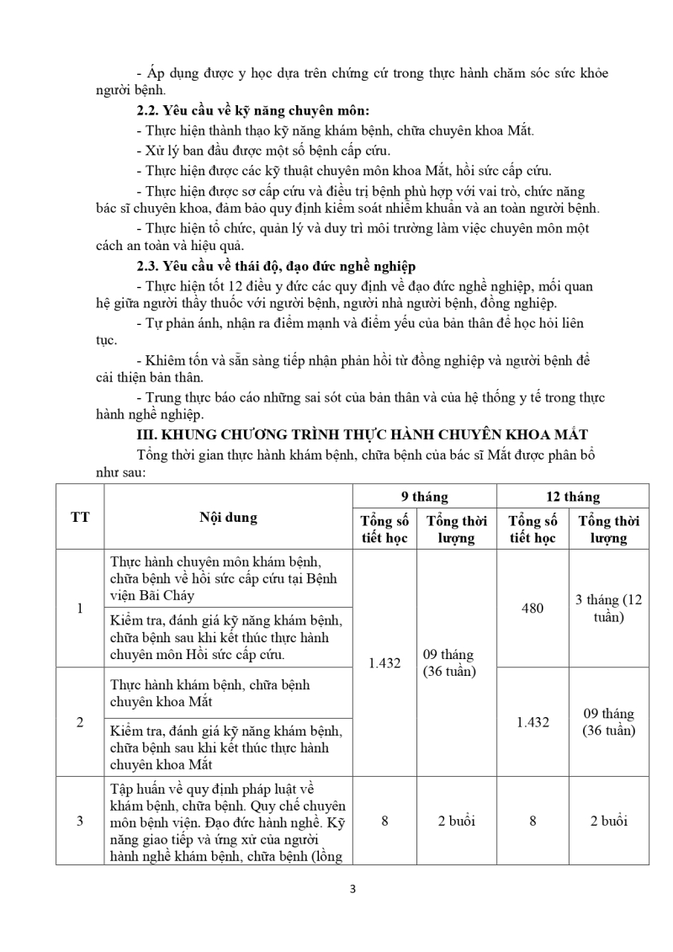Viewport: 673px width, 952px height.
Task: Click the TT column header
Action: click(x=80, y=517)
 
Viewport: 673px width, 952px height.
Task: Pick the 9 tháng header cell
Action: click(x=424, y=497)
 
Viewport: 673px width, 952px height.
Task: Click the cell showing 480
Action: click(x=533, y=608)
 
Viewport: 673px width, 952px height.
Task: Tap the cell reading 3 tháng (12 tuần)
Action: click(x=608, y=608)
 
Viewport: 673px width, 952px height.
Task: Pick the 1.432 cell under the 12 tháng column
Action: click(x=533, y=721)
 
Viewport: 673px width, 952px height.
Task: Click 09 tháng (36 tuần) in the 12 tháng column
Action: click(x=608, y=721)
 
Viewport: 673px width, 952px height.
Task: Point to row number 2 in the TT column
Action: click(x=80, y=721)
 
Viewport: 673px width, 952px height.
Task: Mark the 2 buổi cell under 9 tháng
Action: click(x=456, y=821)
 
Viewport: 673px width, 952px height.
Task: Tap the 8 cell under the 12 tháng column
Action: click(x=533, y=821)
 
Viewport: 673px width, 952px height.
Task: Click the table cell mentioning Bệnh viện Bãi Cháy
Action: click(x=227, y=577)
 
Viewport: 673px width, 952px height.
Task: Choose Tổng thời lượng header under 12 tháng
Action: click(x=608, y=529)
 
